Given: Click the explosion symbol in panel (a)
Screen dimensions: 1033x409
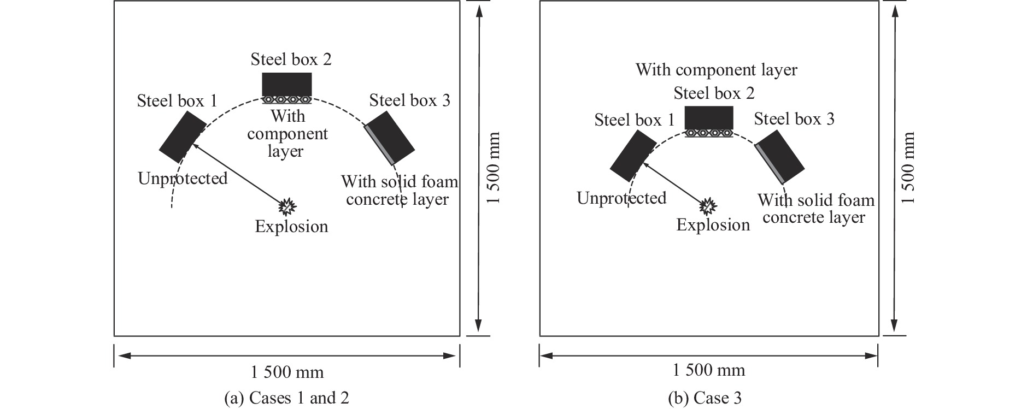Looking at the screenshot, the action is [x=287, y=206].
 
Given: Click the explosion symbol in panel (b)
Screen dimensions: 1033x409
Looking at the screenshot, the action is [x=708, y=206].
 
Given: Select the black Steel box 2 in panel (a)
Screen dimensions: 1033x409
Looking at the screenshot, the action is [x=287, y=84].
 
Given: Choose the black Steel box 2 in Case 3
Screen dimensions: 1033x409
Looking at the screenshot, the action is [x=709, y=117].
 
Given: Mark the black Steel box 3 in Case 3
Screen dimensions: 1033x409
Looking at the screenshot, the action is [x=780, y=156].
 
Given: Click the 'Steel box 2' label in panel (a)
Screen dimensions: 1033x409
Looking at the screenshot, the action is [x=291, y=60].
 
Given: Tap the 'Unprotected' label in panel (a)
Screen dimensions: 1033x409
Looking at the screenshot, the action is [x=183, y=179].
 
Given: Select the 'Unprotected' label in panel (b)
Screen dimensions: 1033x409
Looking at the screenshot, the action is [x=621, y=198].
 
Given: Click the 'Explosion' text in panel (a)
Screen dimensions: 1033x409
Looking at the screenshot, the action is [x=291, y=226].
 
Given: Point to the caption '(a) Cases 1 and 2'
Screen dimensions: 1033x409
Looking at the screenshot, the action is [x=286, y=399].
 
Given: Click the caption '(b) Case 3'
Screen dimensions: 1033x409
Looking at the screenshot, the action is [x=705, y=399].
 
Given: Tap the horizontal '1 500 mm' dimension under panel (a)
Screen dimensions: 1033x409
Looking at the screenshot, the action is [x=287, y=372].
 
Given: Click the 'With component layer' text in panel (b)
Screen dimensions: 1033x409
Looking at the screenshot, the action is [x=716, y=70].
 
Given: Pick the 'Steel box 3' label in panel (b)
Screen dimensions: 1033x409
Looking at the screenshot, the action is [x=794, y=118].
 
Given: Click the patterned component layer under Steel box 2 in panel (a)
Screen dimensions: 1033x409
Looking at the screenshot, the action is [x=287, y=100].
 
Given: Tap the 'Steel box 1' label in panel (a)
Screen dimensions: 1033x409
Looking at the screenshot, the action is [x=177, y=101].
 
